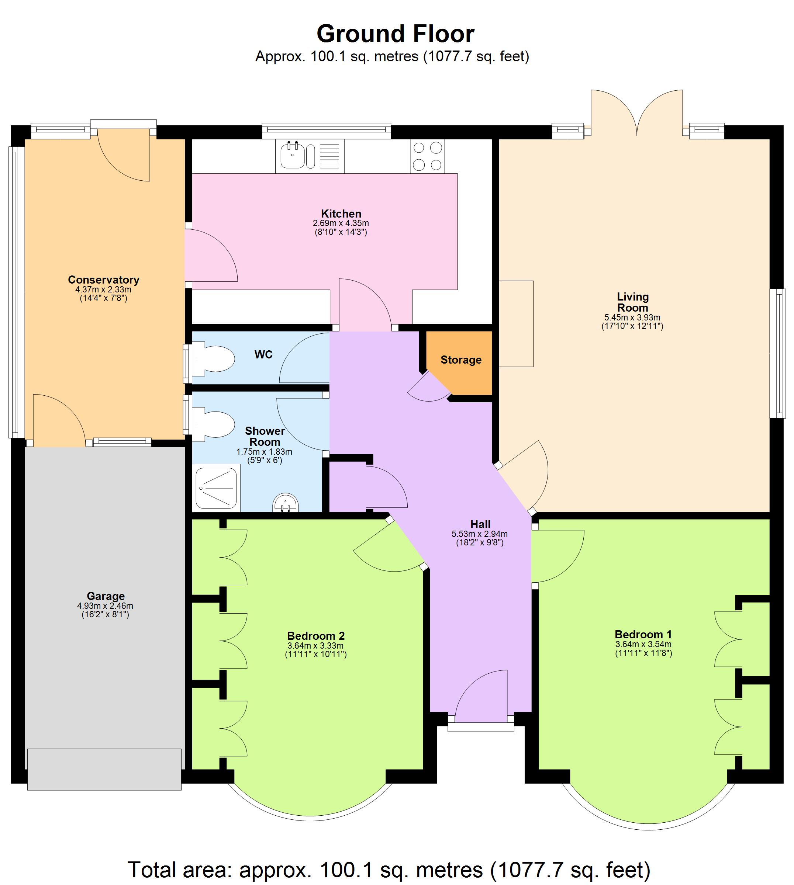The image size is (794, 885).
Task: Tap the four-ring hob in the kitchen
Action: tap(427, 156)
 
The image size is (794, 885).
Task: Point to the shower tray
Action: tap(216, 488)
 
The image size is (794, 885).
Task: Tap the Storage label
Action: tap(461, 360)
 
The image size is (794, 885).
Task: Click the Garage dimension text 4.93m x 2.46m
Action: tap(105, 605)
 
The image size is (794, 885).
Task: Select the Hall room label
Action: tap(480, 524)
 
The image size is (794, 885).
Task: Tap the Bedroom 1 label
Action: tap(643, 634)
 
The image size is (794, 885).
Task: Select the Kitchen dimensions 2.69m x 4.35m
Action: tap(341, 223)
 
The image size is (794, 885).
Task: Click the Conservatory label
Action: tap(103, 280)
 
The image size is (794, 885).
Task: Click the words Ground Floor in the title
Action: tap(395, 34)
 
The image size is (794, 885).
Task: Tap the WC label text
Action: tap(263, 354)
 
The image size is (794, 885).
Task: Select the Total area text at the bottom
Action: tap(389, 870)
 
